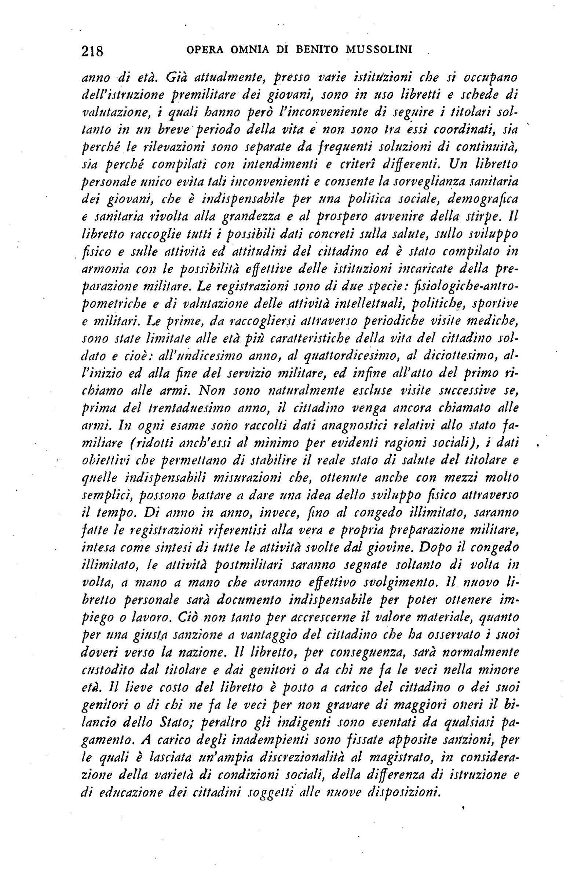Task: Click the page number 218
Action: [93, 50]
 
